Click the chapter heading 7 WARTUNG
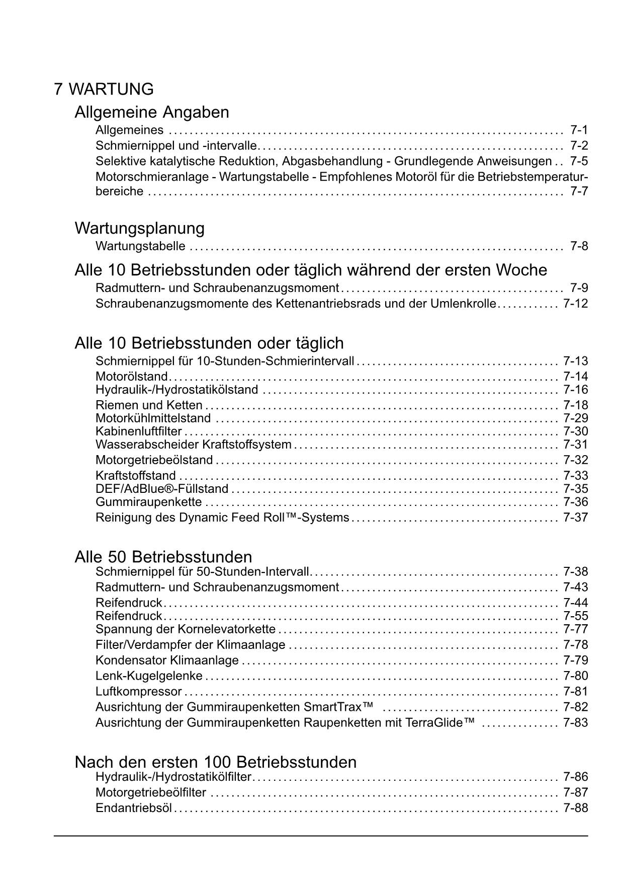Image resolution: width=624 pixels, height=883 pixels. pos(104,89)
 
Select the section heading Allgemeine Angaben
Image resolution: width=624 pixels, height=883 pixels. pos(151,112)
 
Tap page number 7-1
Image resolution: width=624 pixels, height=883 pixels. pos(579,130)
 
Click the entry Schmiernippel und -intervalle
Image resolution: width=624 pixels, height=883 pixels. pos(176,146)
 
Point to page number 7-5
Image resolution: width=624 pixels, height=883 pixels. pos(579,161)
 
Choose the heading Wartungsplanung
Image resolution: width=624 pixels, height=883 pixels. pos(139,228)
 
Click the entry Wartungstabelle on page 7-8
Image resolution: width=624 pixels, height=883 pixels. pos(140,246)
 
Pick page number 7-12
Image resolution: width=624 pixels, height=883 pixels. pos(575,304)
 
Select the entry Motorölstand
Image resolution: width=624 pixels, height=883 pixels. pos(131,377)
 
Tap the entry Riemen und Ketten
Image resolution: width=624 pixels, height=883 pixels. pos(149,405)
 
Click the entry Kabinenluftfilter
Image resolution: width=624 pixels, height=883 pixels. pos(138,431)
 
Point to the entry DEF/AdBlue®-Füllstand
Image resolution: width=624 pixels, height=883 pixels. pos(162,489)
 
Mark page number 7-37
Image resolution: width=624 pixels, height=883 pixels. pos(575,518)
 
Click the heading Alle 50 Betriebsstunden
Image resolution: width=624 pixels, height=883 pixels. pos(163,557)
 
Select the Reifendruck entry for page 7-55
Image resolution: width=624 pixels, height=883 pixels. pos(129,616)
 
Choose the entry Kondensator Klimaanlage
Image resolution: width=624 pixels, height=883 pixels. pos(167,660)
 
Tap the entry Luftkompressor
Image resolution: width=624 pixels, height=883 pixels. pos(138,691)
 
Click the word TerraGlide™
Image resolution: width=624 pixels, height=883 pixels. pos(442,722)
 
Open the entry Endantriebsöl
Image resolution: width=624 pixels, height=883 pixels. pos(133,808)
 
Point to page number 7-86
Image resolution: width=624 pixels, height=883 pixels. pos(575,777)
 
